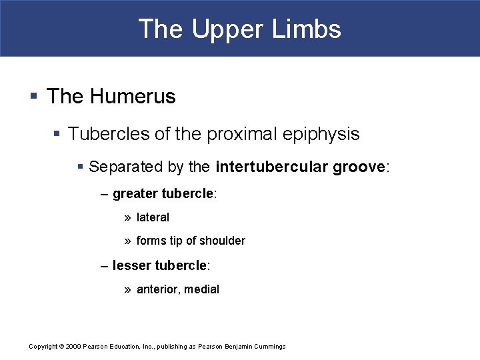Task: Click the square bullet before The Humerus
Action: click(x=34, y=97)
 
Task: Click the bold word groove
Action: click(x=358, y=167)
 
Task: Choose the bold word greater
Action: click(x=135, y=194)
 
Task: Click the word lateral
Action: click(x=153, y=217)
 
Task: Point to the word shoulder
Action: click(x=223, y=241)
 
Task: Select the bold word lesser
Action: click(x=131, y=265)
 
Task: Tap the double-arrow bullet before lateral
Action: click(x=127, y=217)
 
